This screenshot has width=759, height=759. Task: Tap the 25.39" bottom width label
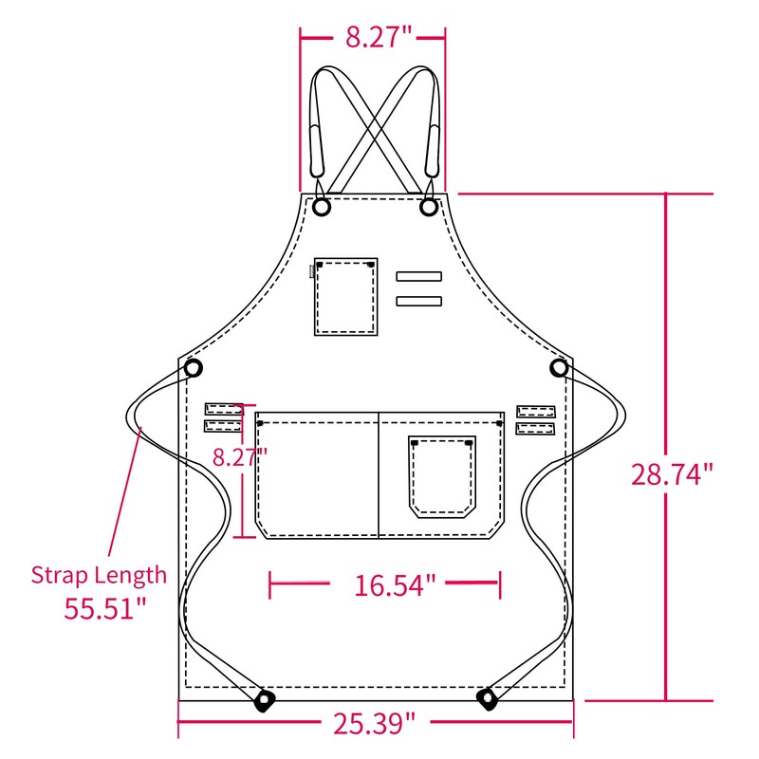click(374, 724)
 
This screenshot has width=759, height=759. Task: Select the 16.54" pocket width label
click(395, 584)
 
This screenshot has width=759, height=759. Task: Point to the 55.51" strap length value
click(105, 608)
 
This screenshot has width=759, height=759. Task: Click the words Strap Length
click(99, 575)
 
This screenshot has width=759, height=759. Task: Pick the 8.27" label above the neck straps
click(379, 37)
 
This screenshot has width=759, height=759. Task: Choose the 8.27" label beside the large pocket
click(240, 456)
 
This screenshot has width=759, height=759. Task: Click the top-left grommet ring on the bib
click(322, 207)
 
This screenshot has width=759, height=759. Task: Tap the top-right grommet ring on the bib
click(429, 207)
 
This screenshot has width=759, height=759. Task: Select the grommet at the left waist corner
click(194, 368)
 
